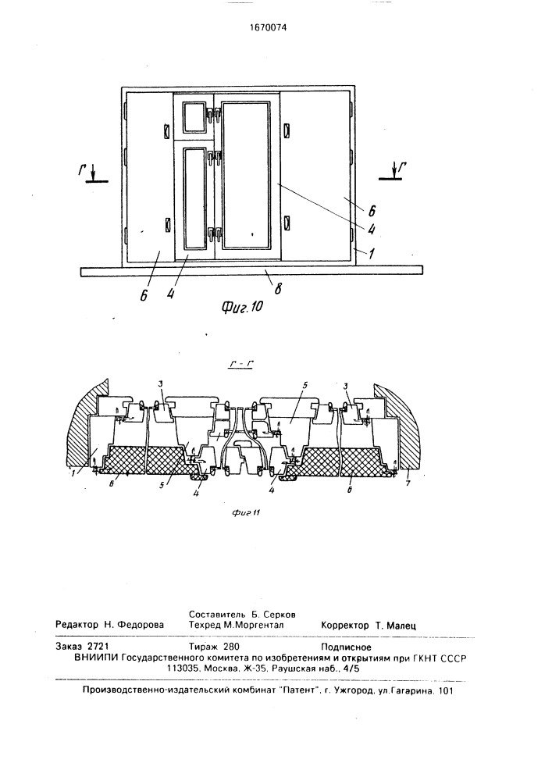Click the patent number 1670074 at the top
pos(269,28)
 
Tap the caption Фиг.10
pos(241,307)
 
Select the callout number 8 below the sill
pos(278,288)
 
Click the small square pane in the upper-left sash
pos(194,117)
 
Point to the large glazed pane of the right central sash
pos(246,175)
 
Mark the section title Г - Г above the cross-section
pos(240,365)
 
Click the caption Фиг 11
pos(247,514)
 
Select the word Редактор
pos(77,625)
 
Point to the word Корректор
pos(345,625)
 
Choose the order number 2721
pos(98,647)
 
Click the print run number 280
pos(232,647)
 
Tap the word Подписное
pos(347,647)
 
